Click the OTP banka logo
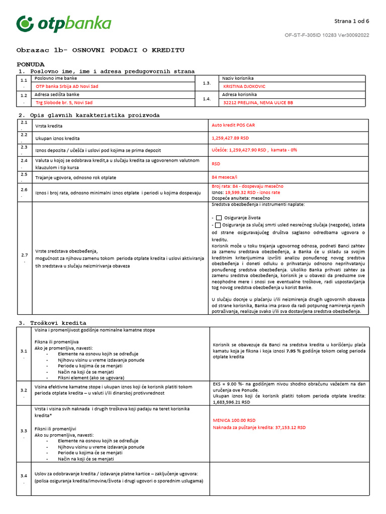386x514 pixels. coord(64,24)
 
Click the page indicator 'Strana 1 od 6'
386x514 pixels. coord(351,21)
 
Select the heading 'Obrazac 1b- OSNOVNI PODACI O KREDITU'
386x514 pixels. coord(101,50)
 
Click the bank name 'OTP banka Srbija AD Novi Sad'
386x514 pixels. coord(67,86)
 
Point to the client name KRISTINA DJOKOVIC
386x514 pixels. coord(244,86)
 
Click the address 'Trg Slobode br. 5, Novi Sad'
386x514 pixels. coord(64,102)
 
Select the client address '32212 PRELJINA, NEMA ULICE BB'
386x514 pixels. coord(258,102)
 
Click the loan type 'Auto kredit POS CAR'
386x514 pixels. coord(230,125)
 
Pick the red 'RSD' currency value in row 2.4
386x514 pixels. coord(216,164)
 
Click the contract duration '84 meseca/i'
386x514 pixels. coord(224,177)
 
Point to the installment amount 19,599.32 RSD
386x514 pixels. coord(241,192)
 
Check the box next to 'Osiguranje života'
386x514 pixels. coord(219,218)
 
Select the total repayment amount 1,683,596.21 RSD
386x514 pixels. coord(231,402)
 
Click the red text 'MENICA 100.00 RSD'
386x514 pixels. coord(234,420)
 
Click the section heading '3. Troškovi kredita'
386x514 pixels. coord(52,323)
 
